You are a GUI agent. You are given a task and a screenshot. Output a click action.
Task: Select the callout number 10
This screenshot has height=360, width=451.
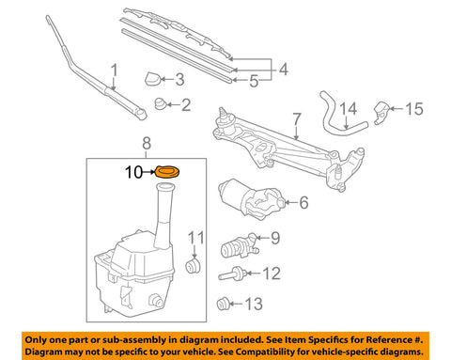tap(135, 172)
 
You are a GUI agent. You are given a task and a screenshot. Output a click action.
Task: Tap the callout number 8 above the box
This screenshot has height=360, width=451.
tap(146, 144)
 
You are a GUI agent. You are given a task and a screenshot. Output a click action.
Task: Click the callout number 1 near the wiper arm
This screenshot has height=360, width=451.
tap(115, 70)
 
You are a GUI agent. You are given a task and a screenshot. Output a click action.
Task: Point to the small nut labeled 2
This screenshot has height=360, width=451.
tap(159, 103)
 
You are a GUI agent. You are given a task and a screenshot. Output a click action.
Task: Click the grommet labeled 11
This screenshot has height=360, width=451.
tap(194, 267)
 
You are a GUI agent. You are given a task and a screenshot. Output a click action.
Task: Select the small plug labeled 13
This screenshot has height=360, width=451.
tap(224, 302)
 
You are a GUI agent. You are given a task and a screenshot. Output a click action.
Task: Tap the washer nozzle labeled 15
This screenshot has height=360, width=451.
tap(383, 112)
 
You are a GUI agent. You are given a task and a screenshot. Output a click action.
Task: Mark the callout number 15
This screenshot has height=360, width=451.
tap(414, 109)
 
